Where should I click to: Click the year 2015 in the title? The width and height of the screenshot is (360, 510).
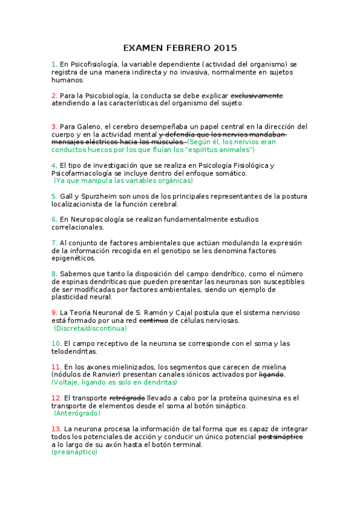(224, 48)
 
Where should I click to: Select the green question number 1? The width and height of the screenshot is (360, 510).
(54, 64)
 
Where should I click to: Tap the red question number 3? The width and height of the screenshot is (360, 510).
(54, 126)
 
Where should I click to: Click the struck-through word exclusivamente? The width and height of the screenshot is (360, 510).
(257, 95)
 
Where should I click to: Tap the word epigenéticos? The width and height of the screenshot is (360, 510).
(73, 258)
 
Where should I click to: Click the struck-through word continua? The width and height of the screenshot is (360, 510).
(153, 321)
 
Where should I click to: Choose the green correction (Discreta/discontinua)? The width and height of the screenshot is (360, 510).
(90, 328)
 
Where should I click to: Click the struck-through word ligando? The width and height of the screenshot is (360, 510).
(271, 375)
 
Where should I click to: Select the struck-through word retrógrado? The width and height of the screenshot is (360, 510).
(127, 398)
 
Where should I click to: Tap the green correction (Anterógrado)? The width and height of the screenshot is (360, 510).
(77, 413)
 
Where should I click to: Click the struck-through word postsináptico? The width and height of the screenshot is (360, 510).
(280, 437)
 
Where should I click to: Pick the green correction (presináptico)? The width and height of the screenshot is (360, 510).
(74, 452)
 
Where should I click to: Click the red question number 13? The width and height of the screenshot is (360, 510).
(56, 429)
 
